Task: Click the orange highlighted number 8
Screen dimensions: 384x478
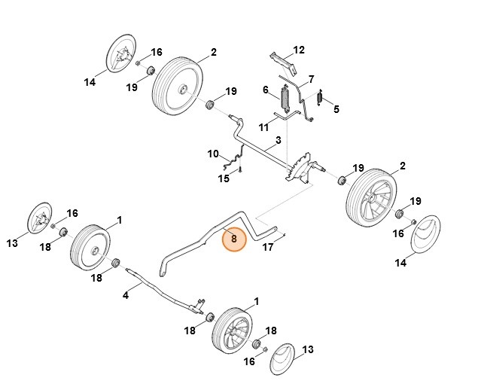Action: coord(234,239)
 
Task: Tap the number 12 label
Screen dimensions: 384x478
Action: coord(299,50)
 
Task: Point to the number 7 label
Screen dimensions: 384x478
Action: coord(311,79)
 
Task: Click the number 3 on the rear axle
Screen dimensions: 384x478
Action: coord(278,140)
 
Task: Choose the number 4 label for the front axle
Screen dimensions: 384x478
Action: coord(126,296)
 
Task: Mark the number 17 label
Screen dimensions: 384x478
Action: coord(268,246)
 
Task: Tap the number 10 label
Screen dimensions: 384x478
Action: coord(213,154)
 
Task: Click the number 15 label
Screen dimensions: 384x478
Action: coord(224,178)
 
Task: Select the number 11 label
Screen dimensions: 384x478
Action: coord(263,126)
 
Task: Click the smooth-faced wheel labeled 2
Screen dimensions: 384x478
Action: coord(178,86)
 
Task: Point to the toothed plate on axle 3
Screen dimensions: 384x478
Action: coord(300,166)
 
